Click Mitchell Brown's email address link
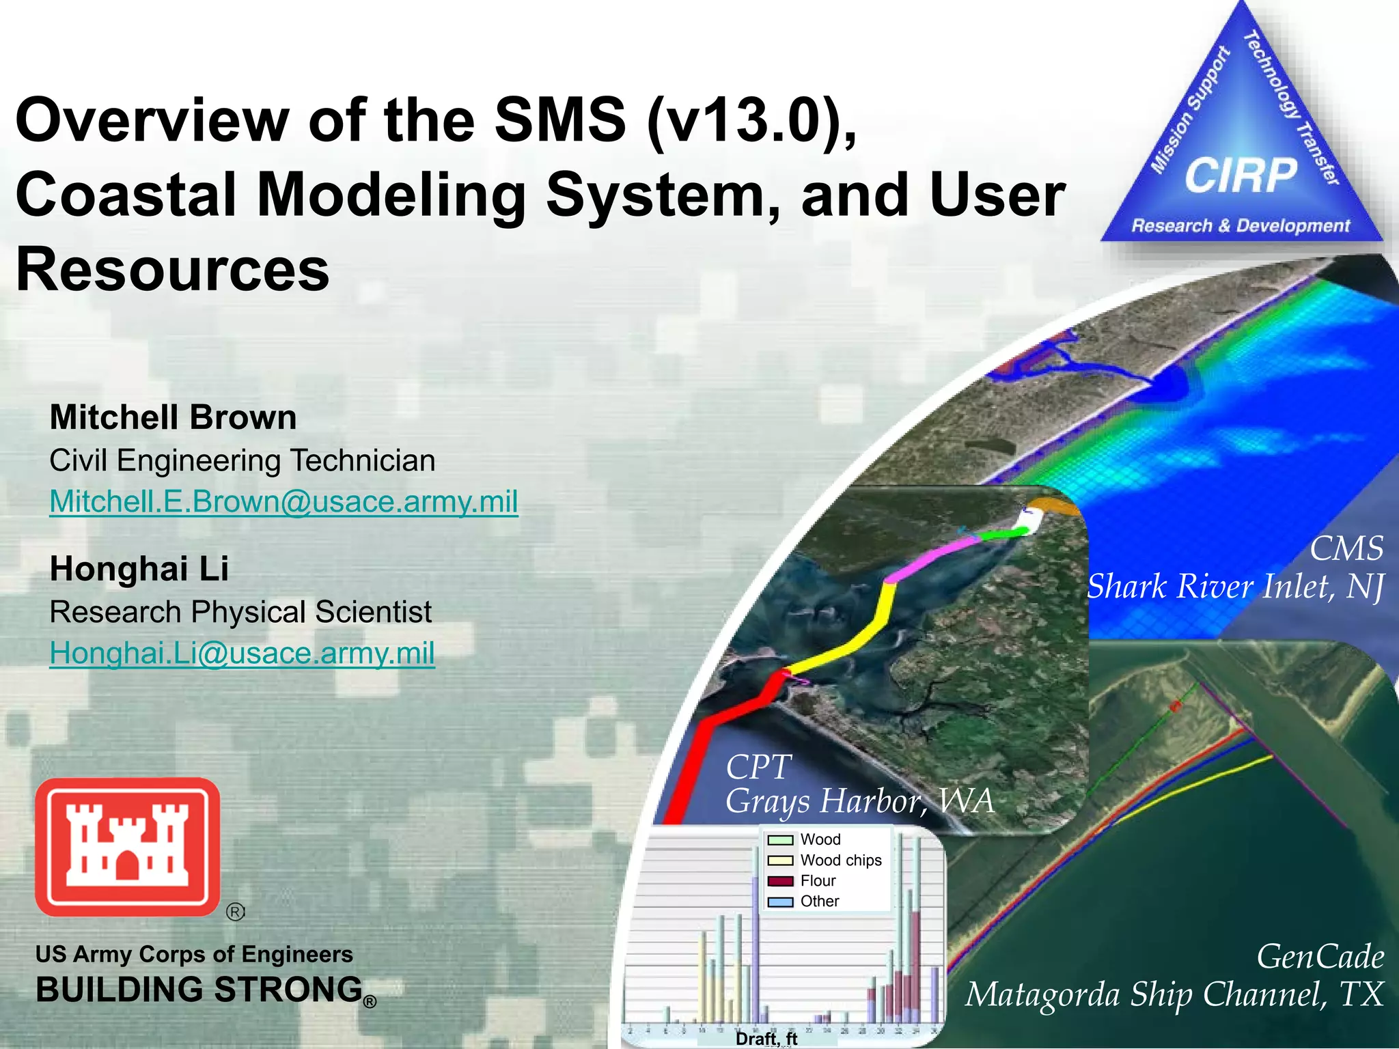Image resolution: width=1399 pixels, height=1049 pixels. tap(283, 502)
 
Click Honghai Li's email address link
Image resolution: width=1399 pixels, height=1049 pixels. tap(242, 654)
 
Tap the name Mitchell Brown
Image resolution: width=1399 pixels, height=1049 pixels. tap(173, 417)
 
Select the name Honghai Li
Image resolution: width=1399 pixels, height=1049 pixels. tap(139, 569)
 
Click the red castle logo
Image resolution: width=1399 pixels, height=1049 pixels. tap(128, 847)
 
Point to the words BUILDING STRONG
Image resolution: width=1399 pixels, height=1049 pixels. tap(199, 990)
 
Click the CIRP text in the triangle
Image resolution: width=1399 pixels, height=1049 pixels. tap(1240, 176)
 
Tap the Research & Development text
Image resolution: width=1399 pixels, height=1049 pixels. tap(1241, 225)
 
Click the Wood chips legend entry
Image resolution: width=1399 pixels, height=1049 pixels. tap(840, 861)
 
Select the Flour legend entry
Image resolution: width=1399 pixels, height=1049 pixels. tap(818, 881)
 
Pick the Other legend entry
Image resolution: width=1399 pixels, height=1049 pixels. tap(819, 901)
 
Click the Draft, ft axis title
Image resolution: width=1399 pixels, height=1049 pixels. tap(766, 1039)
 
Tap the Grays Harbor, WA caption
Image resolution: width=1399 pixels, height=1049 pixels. tap(859, 800)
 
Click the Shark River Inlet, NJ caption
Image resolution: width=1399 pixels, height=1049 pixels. tap(1235, 587)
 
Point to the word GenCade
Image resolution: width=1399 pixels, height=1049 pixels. tap(1320, 956)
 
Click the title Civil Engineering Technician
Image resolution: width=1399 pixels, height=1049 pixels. tap(242, 461)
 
